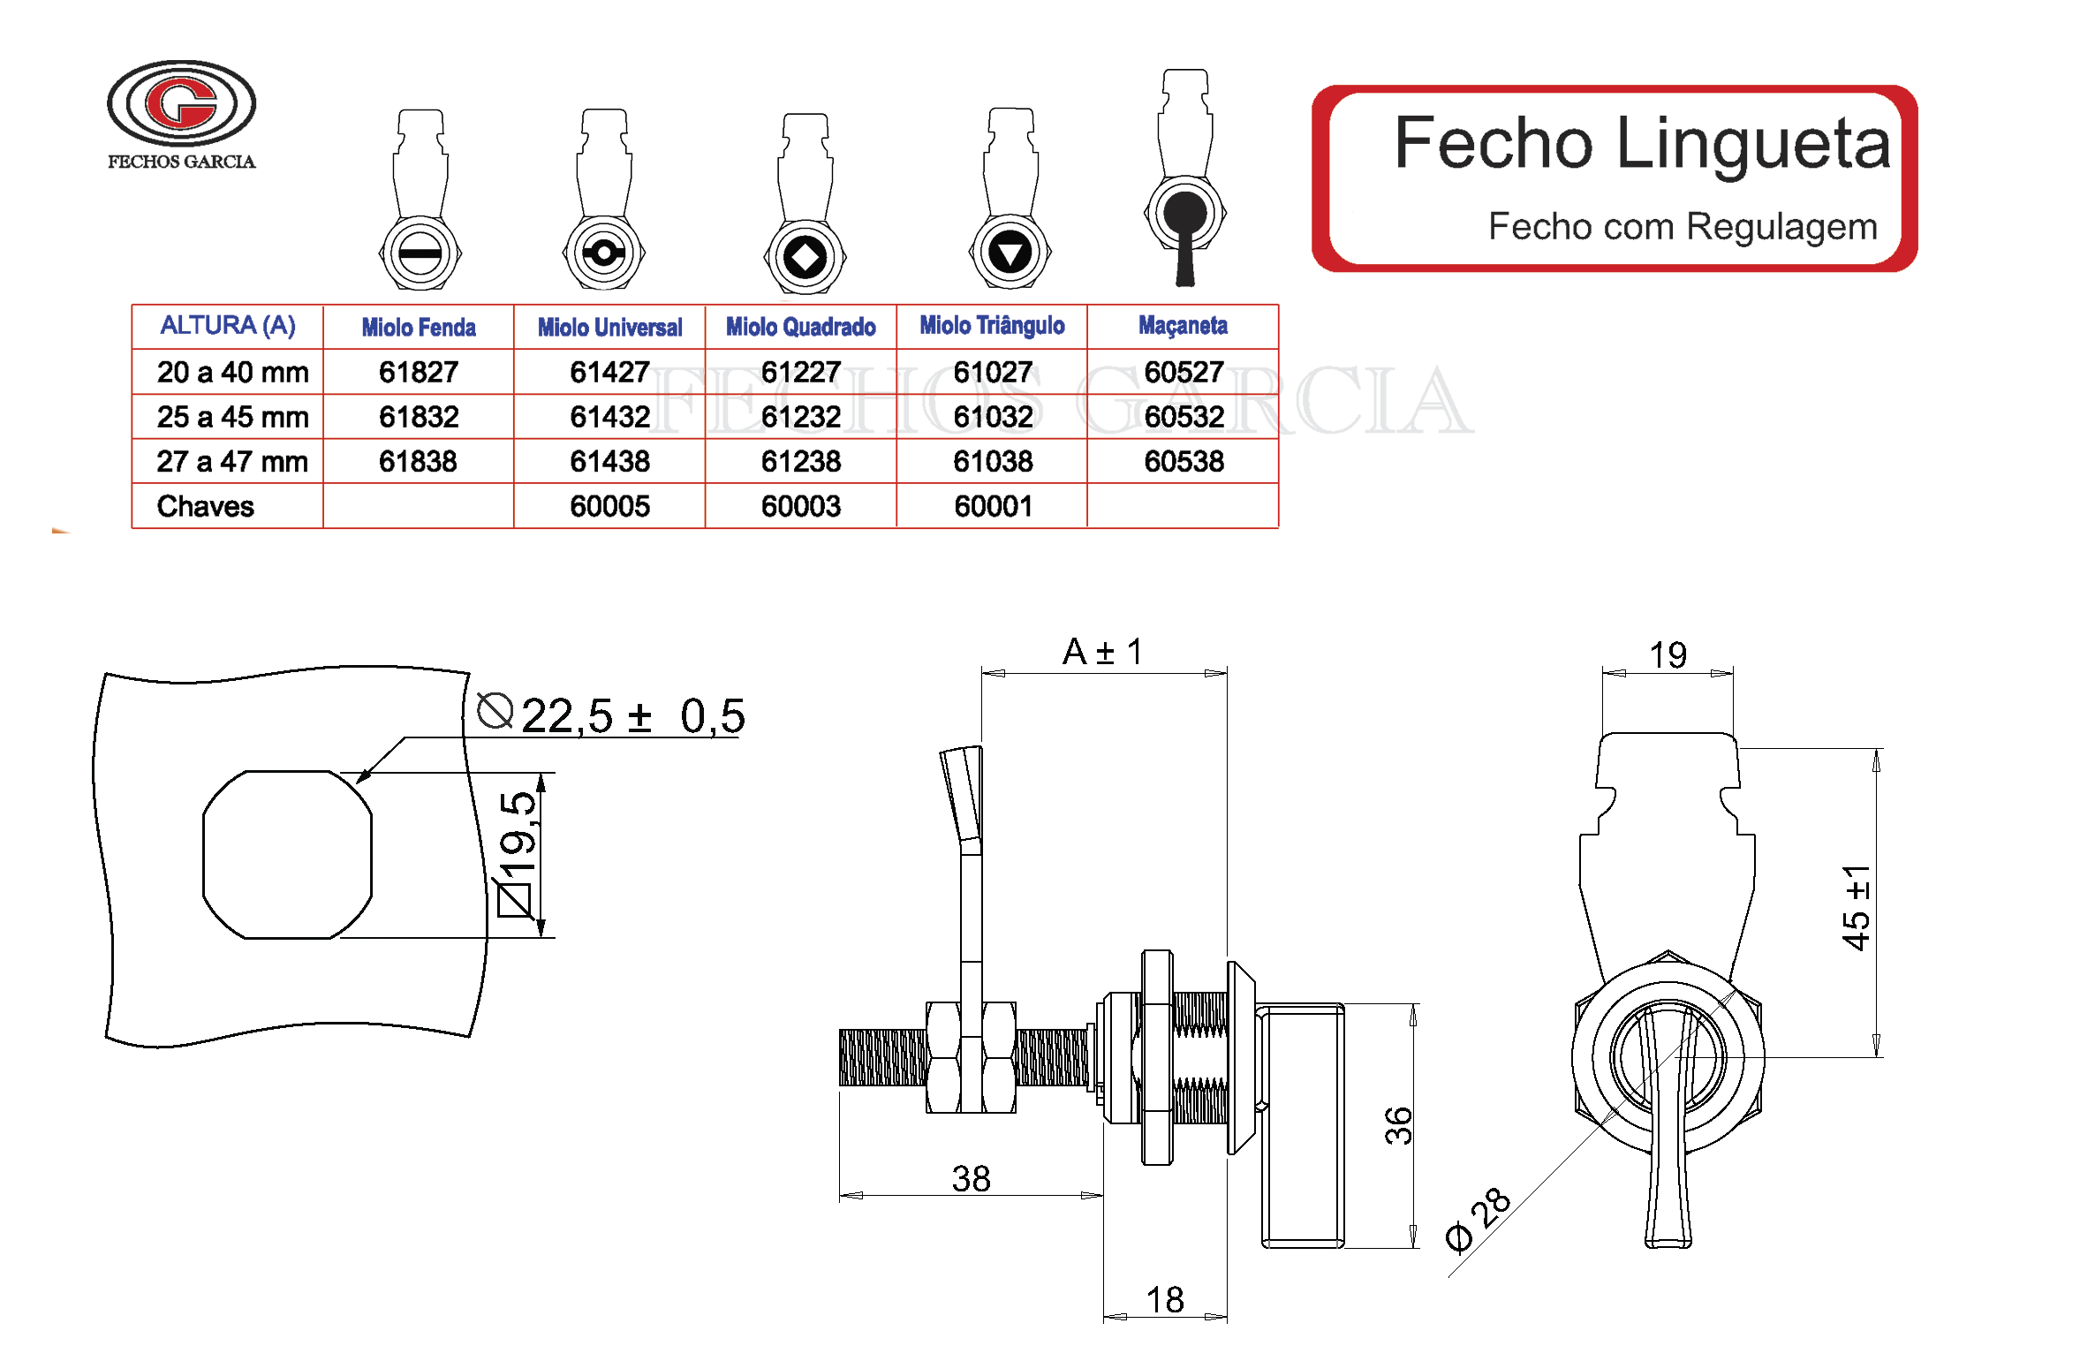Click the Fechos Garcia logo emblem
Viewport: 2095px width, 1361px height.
(x=181, y=103)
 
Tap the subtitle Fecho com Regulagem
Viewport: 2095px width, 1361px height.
(x=1682, y=227)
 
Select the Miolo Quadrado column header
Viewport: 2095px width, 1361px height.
(x=800, y=327)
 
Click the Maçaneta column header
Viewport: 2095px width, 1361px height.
(x=1182, y=326)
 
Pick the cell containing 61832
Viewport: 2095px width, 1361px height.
(x=418, y=417)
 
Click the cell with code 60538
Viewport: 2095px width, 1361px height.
(x=1183, y=461)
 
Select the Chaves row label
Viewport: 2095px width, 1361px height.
(x=205, y=506)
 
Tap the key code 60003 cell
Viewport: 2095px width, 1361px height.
(x=800, y=506)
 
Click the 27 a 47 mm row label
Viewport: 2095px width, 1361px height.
(x=231, y=461)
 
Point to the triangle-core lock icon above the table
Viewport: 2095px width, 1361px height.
(x=1010, y=203)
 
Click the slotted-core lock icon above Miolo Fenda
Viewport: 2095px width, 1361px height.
(x=420, y=203)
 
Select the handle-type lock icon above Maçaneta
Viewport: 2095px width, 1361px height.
(x=1184, y=181)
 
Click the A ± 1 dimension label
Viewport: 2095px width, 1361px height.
(x=1102, y=653)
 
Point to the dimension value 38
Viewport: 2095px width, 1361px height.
(x=970, y=1178)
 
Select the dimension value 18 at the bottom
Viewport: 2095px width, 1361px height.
(x=1164, y=1299)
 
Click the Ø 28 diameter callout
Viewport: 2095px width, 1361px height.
(x=1478, y=1220)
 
